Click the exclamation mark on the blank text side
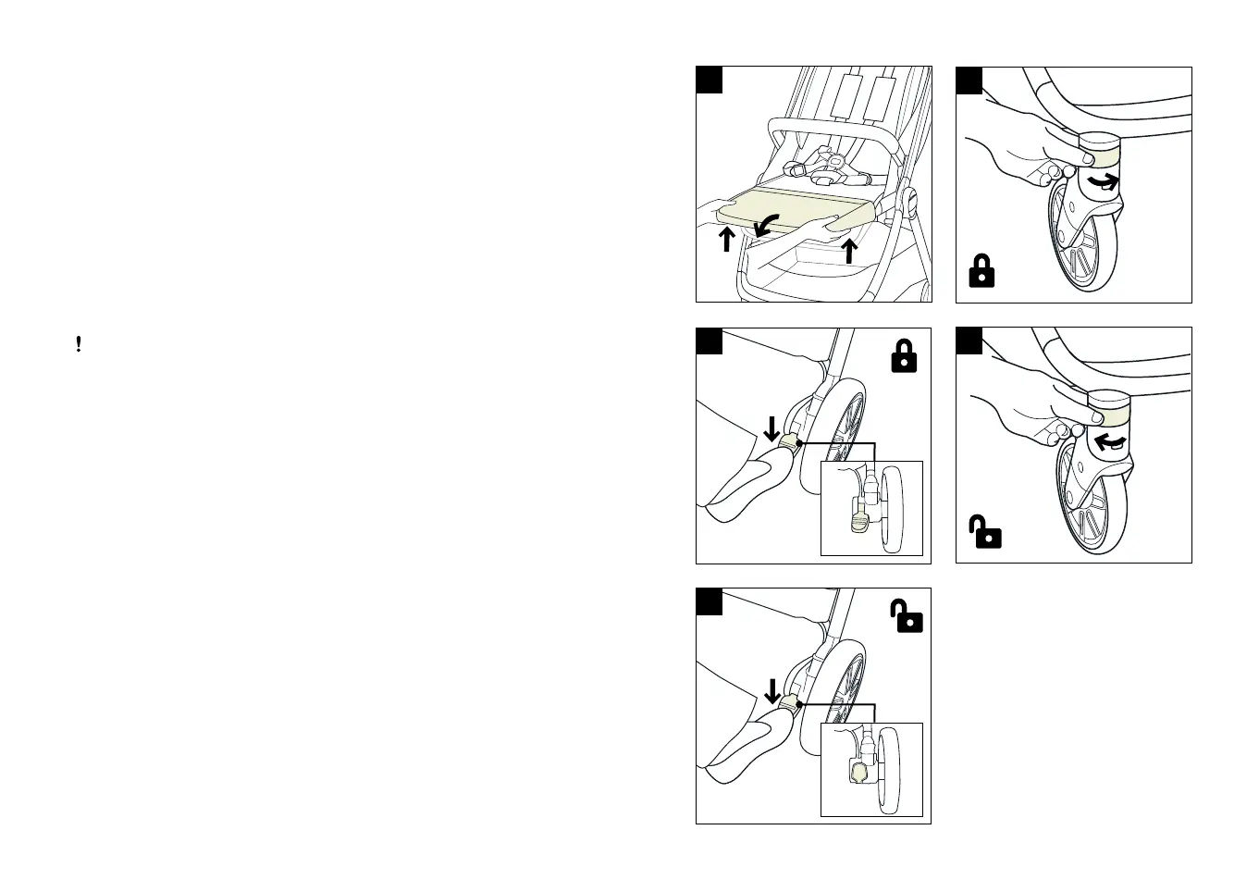pyautogui.click(x=79, y=344)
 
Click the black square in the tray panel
pyautogui.click(x=709, y=80)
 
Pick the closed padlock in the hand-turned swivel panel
pyautogui.click(x=981, y=271)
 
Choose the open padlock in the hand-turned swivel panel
pyautogui.click(x=985, y=533)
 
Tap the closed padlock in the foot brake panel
pyautogui.click(x=904, y=356)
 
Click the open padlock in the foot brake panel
pyautogui.click(x=907, y=616)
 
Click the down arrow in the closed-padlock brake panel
pyautogui.click(x=771, y=428)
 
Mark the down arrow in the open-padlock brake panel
pyautogui.click(x=771, y=690)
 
